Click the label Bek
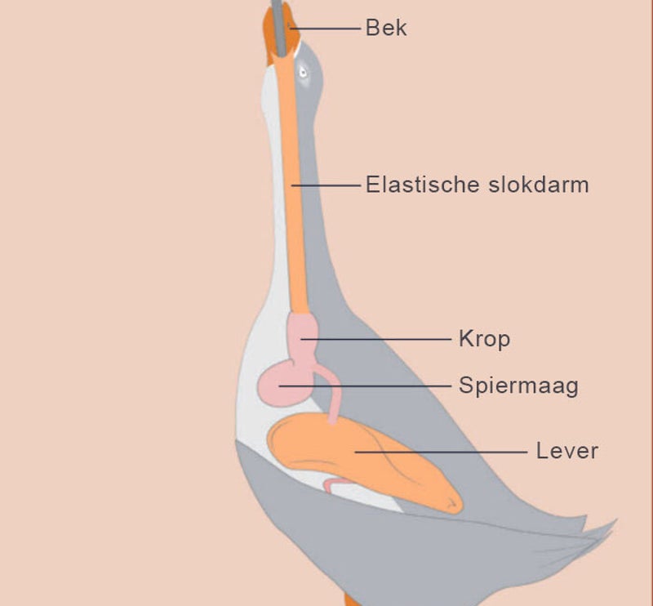point(385,29)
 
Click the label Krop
point(484,338)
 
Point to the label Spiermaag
point(518,385)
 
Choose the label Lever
point(567,450)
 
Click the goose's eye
point(303,72)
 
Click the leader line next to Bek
point(326,29)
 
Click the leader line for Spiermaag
point(375,385)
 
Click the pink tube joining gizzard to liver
point(332,400)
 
